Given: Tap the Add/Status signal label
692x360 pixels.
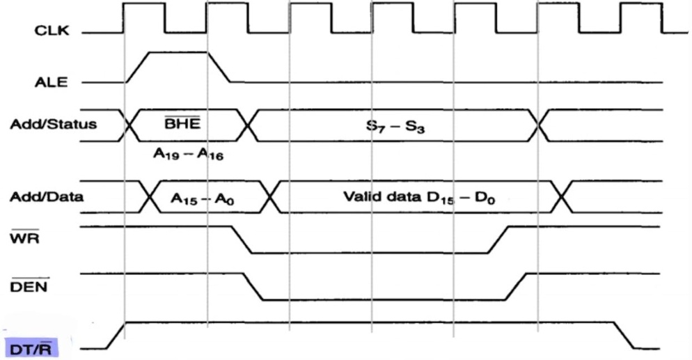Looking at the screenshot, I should coord(43,125).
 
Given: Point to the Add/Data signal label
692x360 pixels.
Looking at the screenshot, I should coord(47,197).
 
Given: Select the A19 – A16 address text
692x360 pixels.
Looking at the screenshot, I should coord(187,155).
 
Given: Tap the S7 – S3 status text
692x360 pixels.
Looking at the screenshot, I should coord(391,125).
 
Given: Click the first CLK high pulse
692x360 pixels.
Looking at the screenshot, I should coord(144,6).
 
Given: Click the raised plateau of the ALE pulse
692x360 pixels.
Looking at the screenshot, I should coord(177,52).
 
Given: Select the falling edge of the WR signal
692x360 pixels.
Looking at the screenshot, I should coord(241,240).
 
